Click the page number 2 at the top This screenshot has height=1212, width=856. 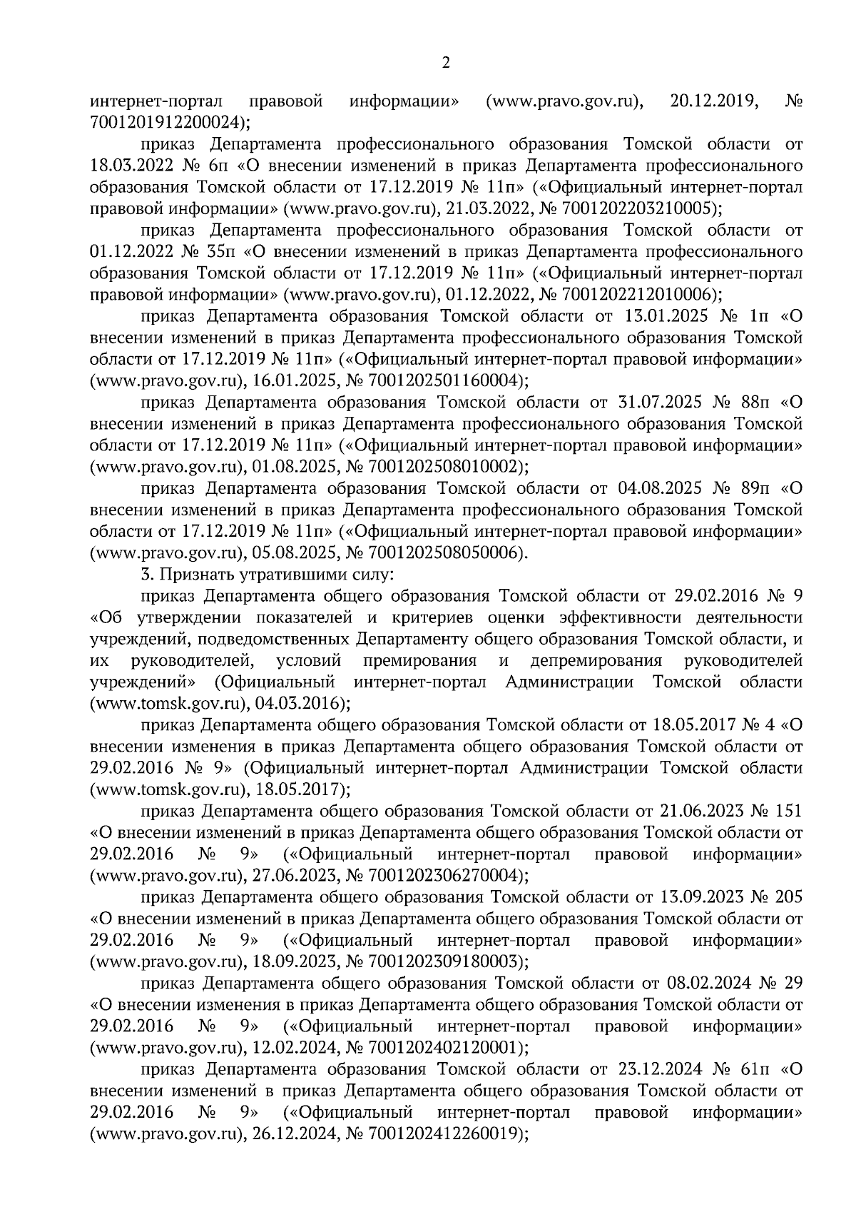pos(446,64)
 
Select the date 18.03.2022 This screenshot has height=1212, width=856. pos(131,166)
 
